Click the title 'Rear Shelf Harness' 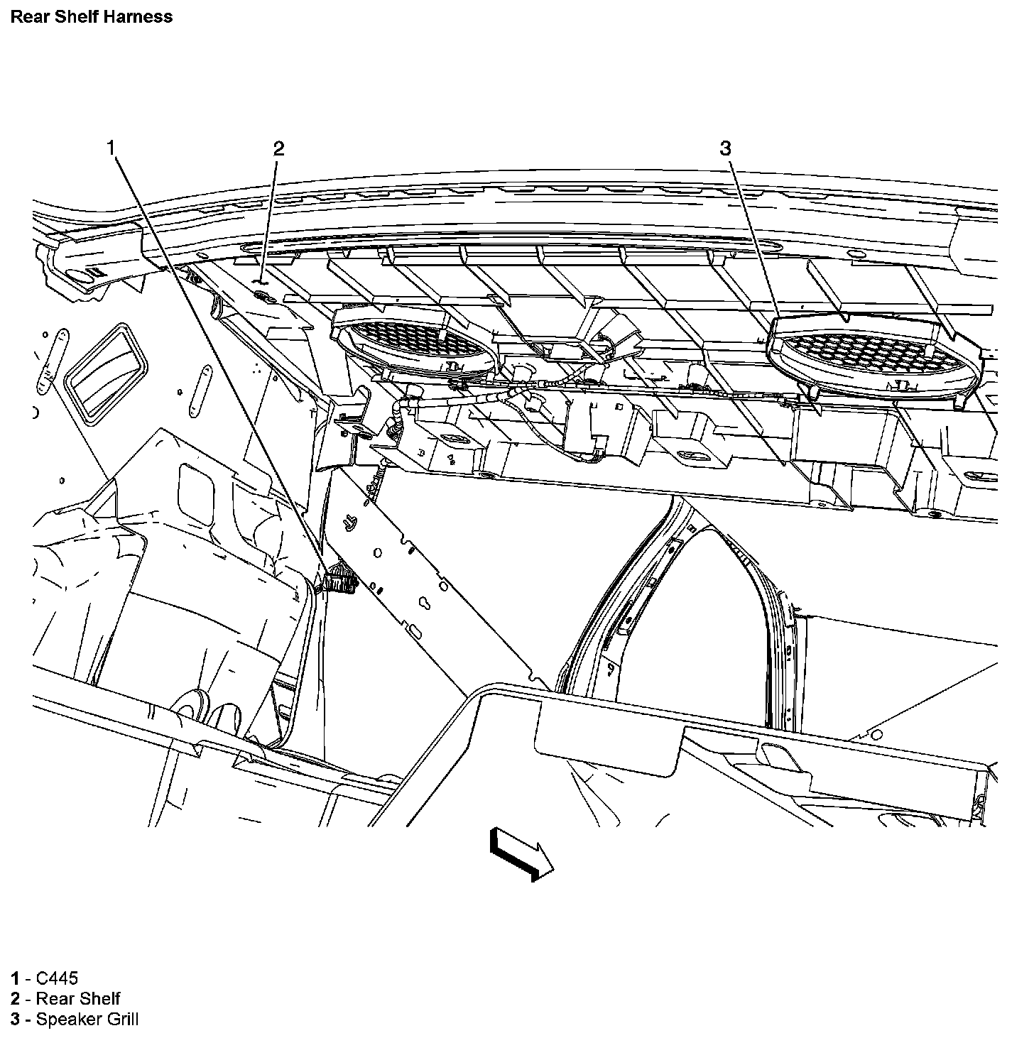pos(91,16)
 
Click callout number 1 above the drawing pos(111,148)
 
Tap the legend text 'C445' pos(57,978)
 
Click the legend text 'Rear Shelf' pos(78,999)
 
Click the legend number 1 pos(15,978)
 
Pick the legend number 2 pos(15,999)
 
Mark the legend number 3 pos(15,1020)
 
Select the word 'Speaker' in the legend pos(67,1020)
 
